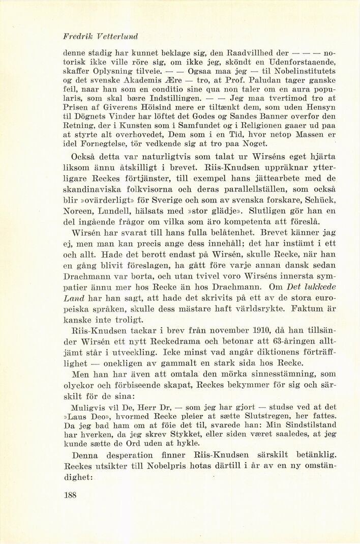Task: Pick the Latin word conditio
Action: pyautogui.click(x=155, y=91)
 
